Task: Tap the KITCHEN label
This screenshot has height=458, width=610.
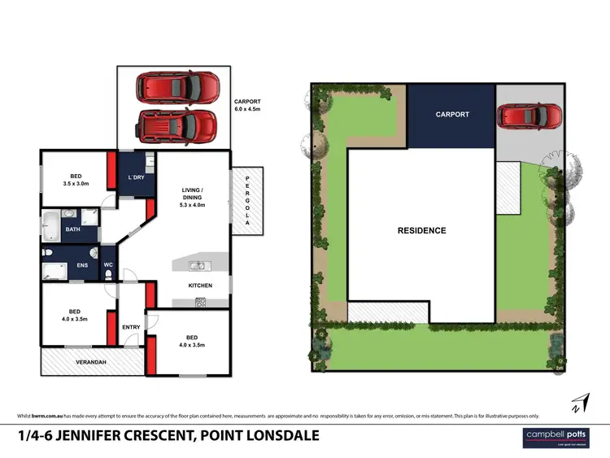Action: pos(200,286)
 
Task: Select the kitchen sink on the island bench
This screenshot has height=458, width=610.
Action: pos(196,265)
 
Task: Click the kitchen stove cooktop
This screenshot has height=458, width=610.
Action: pos(200,302)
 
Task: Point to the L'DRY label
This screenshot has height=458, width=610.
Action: pos(136,178)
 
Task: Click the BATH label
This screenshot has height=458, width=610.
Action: pos(73,229)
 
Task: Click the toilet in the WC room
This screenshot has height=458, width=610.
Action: pos(109,276)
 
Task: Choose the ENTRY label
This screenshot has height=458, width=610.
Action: pos(131,328)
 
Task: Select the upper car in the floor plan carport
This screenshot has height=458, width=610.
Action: pos(176,86)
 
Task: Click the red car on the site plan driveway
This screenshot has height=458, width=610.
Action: pos(529,115)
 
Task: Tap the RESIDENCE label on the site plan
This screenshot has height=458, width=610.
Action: pos(421,230)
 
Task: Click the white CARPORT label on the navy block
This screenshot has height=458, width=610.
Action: pos(452,115)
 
